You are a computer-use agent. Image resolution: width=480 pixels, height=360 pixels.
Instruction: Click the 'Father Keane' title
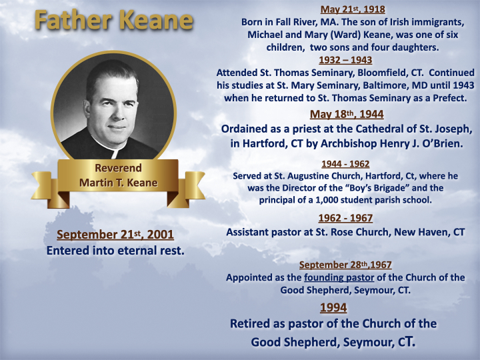[x=114, y=20]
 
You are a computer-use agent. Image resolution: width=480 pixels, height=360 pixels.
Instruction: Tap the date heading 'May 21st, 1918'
[x=353, y=9]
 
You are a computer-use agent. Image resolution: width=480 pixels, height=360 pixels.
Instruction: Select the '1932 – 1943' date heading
[x=345, y=60]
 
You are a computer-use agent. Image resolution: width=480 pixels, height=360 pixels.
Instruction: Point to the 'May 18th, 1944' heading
[x=347, y=114]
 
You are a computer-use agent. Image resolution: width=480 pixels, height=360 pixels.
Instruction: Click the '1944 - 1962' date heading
[x=345, y=164]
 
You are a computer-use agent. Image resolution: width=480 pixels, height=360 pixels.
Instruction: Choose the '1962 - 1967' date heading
[x=345, y=218]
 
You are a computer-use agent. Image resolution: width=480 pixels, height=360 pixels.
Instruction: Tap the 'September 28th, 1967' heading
[x=345, y=265]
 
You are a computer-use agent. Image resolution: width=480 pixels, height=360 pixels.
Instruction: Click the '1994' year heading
[x=333, y=307]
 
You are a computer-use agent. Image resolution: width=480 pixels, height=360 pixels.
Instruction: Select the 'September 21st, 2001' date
[x=115, y=235]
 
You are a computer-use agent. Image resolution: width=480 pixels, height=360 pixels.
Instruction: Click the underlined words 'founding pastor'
[x=339, y=277]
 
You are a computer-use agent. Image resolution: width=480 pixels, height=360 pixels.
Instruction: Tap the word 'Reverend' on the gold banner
[x=118, y=168]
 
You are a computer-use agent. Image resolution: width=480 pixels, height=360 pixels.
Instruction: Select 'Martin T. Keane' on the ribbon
[x=119, y=183]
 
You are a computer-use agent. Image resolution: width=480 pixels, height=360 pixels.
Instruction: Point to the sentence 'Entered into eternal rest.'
[x=115, y=251]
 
